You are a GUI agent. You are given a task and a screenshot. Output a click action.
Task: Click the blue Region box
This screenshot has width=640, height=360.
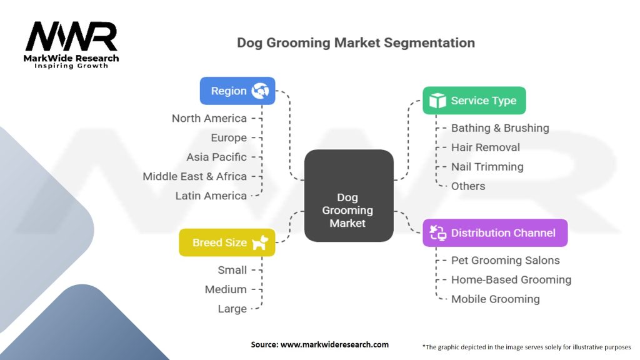tap(237, 91)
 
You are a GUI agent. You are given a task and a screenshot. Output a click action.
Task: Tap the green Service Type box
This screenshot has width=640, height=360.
tap(474, 101)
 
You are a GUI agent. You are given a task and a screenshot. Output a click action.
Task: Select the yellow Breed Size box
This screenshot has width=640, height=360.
tap(227, 242)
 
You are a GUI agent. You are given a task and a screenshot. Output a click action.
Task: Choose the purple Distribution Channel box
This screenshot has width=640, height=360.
tap(494, 233)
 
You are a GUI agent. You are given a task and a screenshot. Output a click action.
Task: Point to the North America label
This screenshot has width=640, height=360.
tap(209, 118)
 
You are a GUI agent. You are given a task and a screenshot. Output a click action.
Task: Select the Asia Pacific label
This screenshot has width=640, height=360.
tap(216, 157)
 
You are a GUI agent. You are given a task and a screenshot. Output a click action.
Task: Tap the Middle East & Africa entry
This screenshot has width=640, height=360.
tap(194, 176)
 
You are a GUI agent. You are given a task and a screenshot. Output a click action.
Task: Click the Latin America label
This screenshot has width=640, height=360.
tap(211, 196)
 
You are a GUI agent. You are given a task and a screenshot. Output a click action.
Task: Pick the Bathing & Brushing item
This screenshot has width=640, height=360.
tap(500, 128)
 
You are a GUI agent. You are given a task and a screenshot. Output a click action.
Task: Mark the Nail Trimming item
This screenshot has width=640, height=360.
tap(487, 167)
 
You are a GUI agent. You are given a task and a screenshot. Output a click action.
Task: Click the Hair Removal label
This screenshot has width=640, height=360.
tap(485, 147)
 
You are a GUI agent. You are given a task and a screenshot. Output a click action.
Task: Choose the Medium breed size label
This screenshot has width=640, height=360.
tap(226, 289)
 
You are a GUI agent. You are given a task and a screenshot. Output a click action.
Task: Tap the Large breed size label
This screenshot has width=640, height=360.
tap(231, 309)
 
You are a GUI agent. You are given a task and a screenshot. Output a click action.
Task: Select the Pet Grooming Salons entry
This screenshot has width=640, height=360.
tap(505, 261)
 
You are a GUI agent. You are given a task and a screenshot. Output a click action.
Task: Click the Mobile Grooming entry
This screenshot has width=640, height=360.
tap(495, 299)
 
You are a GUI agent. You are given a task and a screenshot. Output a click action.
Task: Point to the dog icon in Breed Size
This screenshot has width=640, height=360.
tap(260, 242)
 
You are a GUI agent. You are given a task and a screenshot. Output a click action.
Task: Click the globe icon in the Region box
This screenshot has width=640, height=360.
tap(259, 91)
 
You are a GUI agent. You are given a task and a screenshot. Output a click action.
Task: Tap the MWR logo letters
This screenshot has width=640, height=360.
tap(71, 37)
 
